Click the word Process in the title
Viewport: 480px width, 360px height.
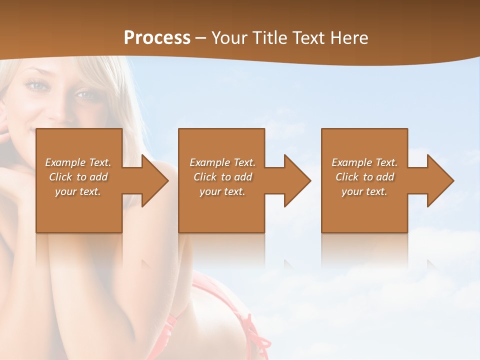coord(157,37)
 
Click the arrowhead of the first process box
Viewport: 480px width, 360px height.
coord(155,180)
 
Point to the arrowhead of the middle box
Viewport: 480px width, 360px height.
coord(297,180)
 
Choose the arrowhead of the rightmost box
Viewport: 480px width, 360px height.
coord(440,180)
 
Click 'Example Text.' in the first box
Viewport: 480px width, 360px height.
coord(78,162)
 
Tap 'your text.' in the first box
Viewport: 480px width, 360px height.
coord(78,191)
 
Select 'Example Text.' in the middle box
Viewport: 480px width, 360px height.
coord(222,162)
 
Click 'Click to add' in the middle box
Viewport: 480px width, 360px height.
coord(222,177)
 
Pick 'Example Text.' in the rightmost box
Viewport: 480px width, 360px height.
coord(364,162)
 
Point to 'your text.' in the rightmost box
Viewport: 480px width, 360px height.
coord(364,191)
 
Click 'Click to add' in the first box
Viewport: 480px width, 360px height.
coord(78,177)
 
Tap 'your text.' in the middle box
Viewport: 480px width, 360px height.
coord(222,191)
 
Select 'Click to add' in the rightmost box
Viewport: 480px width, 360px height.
coord(364,177)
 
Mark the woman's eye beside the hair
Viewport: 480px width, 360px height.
coord(37,86)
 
